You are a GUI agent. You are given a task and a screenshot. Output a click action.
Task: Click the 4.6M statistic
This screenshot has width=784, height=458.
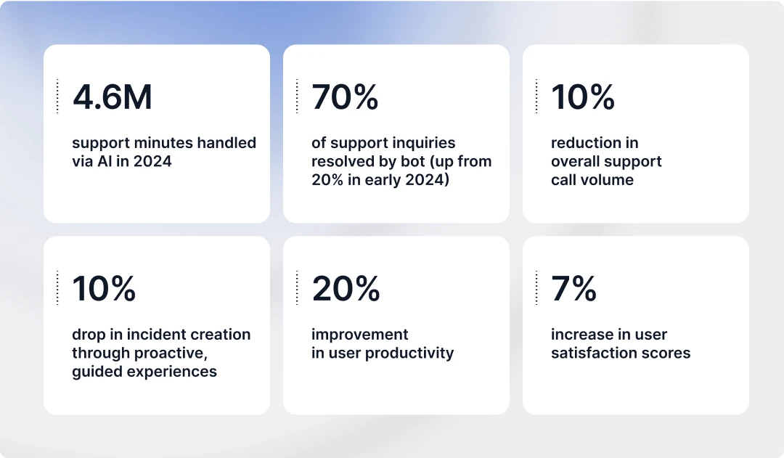point(112,97)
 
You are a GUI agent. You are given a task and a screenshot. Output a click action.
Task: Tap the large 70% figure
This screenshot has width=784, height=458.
point(345,97)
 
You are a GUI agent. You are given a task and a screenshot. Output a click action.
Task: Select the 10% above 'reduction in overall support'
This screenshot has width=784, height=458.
point(583,97)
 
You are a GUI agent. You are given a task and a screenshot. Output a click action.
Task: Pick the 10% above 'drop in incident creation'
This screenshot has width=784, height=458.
point(104,288)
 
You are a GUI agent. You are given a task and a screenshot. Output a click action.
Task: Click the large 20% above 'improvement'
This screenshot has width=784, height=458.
point(346,288)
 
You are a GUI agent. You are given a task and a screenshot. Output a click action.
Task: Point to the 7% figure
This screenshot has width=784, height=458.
point(574,288)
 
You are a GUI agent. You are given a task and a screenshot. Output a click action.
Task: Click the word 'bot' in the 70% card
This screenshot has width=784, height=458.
point(413,162)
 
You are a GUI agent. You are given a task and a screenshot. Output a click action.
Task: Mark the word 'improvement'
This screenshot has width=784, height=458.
point(360,335)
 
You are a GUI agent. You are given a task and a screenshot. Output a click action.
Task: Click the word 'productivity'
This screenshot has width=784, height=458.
point(409,353)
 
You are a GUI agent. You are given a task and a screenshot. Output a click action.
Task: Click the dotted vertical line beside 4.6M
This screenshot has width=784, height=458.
point(57,96)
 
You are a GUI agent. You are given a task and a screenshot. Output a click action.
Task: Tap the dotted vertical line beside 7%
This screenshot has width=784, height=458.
point(536,287)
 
